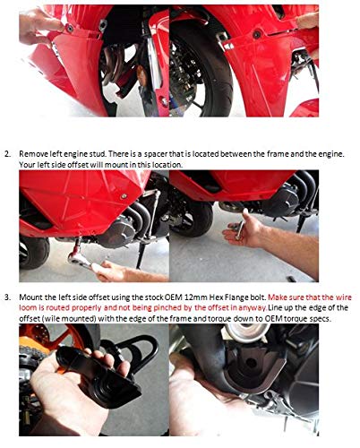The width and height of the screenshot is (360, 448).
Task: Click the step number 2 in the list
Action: (x=7, y=154)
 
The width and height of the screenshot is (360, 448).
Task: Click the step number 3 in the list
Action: (x=7, y=297)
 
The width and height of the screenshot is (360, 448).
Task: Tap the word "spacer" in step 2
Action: (x=156, y=154)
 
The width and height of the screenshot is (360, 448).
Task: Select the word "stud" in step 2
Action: (x=98, y=154)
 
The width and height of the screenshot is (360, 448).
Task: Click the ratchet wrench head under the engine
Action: (x=77, y=258)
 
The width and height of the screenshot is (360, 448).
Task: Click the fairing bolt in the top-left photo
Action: (x=70, y=28)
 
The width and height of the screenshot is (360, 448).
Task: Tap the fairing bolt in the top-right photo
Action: (x=256, y=34)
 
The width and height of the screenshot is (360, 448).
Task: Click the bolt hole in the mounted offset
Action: (x=252, y=363)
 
